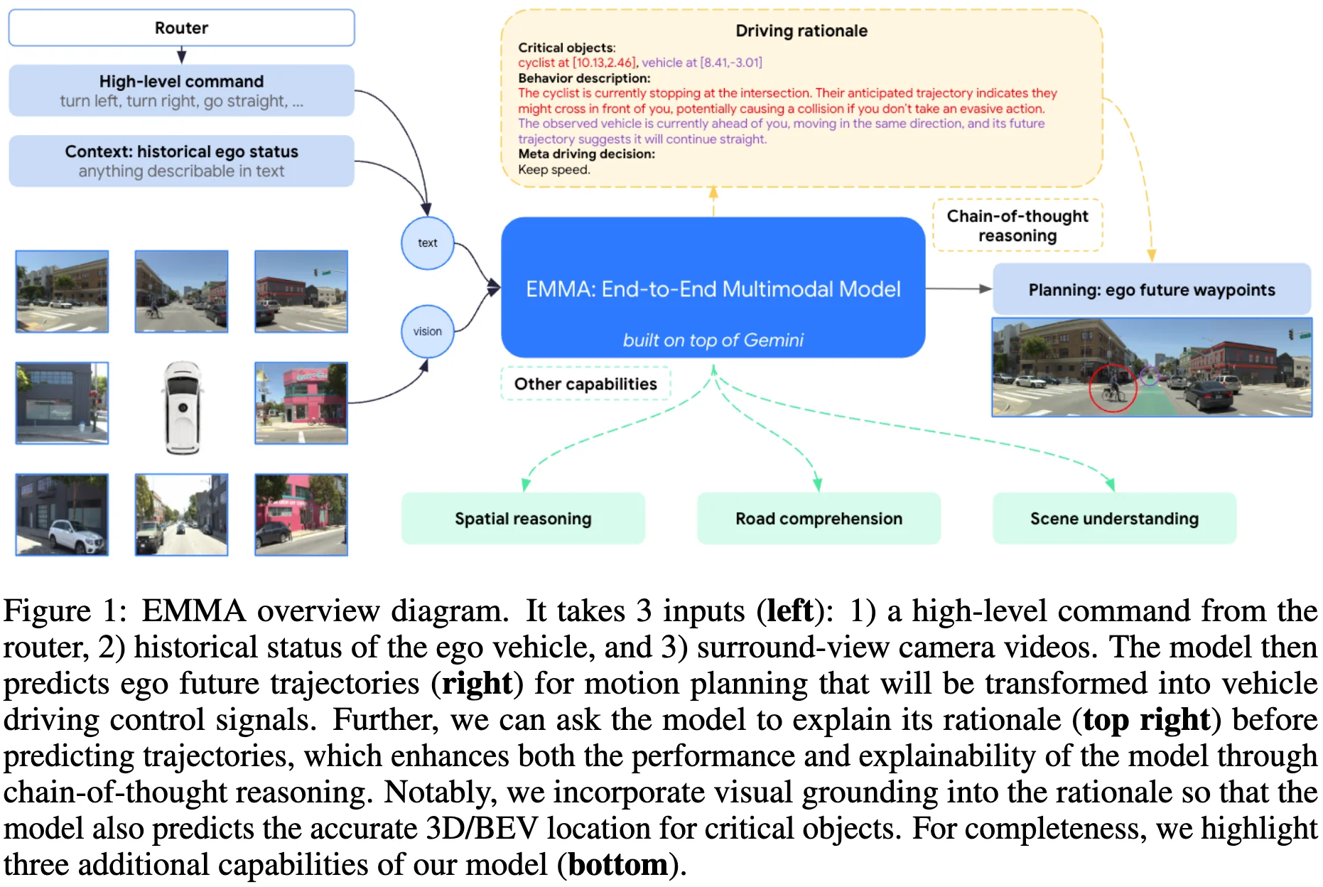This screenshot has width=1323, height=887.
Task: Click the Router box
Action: click(181, 28)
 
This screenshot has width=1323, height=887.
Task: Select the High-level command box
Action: click(181, 90)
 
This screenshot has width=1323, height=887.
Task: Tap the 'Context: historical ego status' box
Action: click(181, 161)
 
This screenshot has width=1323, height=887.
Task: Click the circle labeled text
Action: click(427, 243)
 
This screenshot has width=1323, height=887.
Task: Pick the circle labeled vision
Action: click(427, 331)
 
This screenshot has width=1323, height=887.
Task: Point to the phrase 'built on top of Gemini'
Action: click(713, 340)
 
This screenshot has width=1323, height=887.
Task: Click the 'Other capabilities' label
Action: click(585, 384)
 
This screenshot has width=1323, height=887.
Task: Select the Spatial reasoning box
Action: click(523, 518)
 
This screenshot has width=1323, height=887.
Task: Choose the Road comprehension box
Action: click(819, 518)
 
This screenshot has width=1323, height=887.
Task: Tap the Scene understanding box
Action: click(1114, 518)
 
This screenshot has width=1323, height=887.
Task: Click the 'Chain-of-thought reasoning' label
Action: click(1017, 225)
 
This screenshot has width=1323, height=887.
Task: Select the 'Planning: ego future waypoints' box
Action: click(1151, 289)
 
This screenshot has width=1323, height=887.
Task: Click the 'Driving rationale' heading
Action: click(801, 31)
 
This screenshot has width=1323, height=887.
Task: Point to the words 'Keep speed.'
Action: click(554, 170)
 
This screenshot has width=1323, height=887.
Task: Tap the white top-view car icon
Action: click(182, 407)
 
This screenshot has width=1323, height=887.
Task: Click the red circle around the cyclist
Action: click(1113, 388)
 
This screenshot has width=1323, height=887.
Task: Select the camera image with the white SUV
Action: click(62, 515)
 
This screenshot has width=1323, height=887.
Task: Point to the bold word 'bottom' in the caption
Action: click(617, 864)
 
